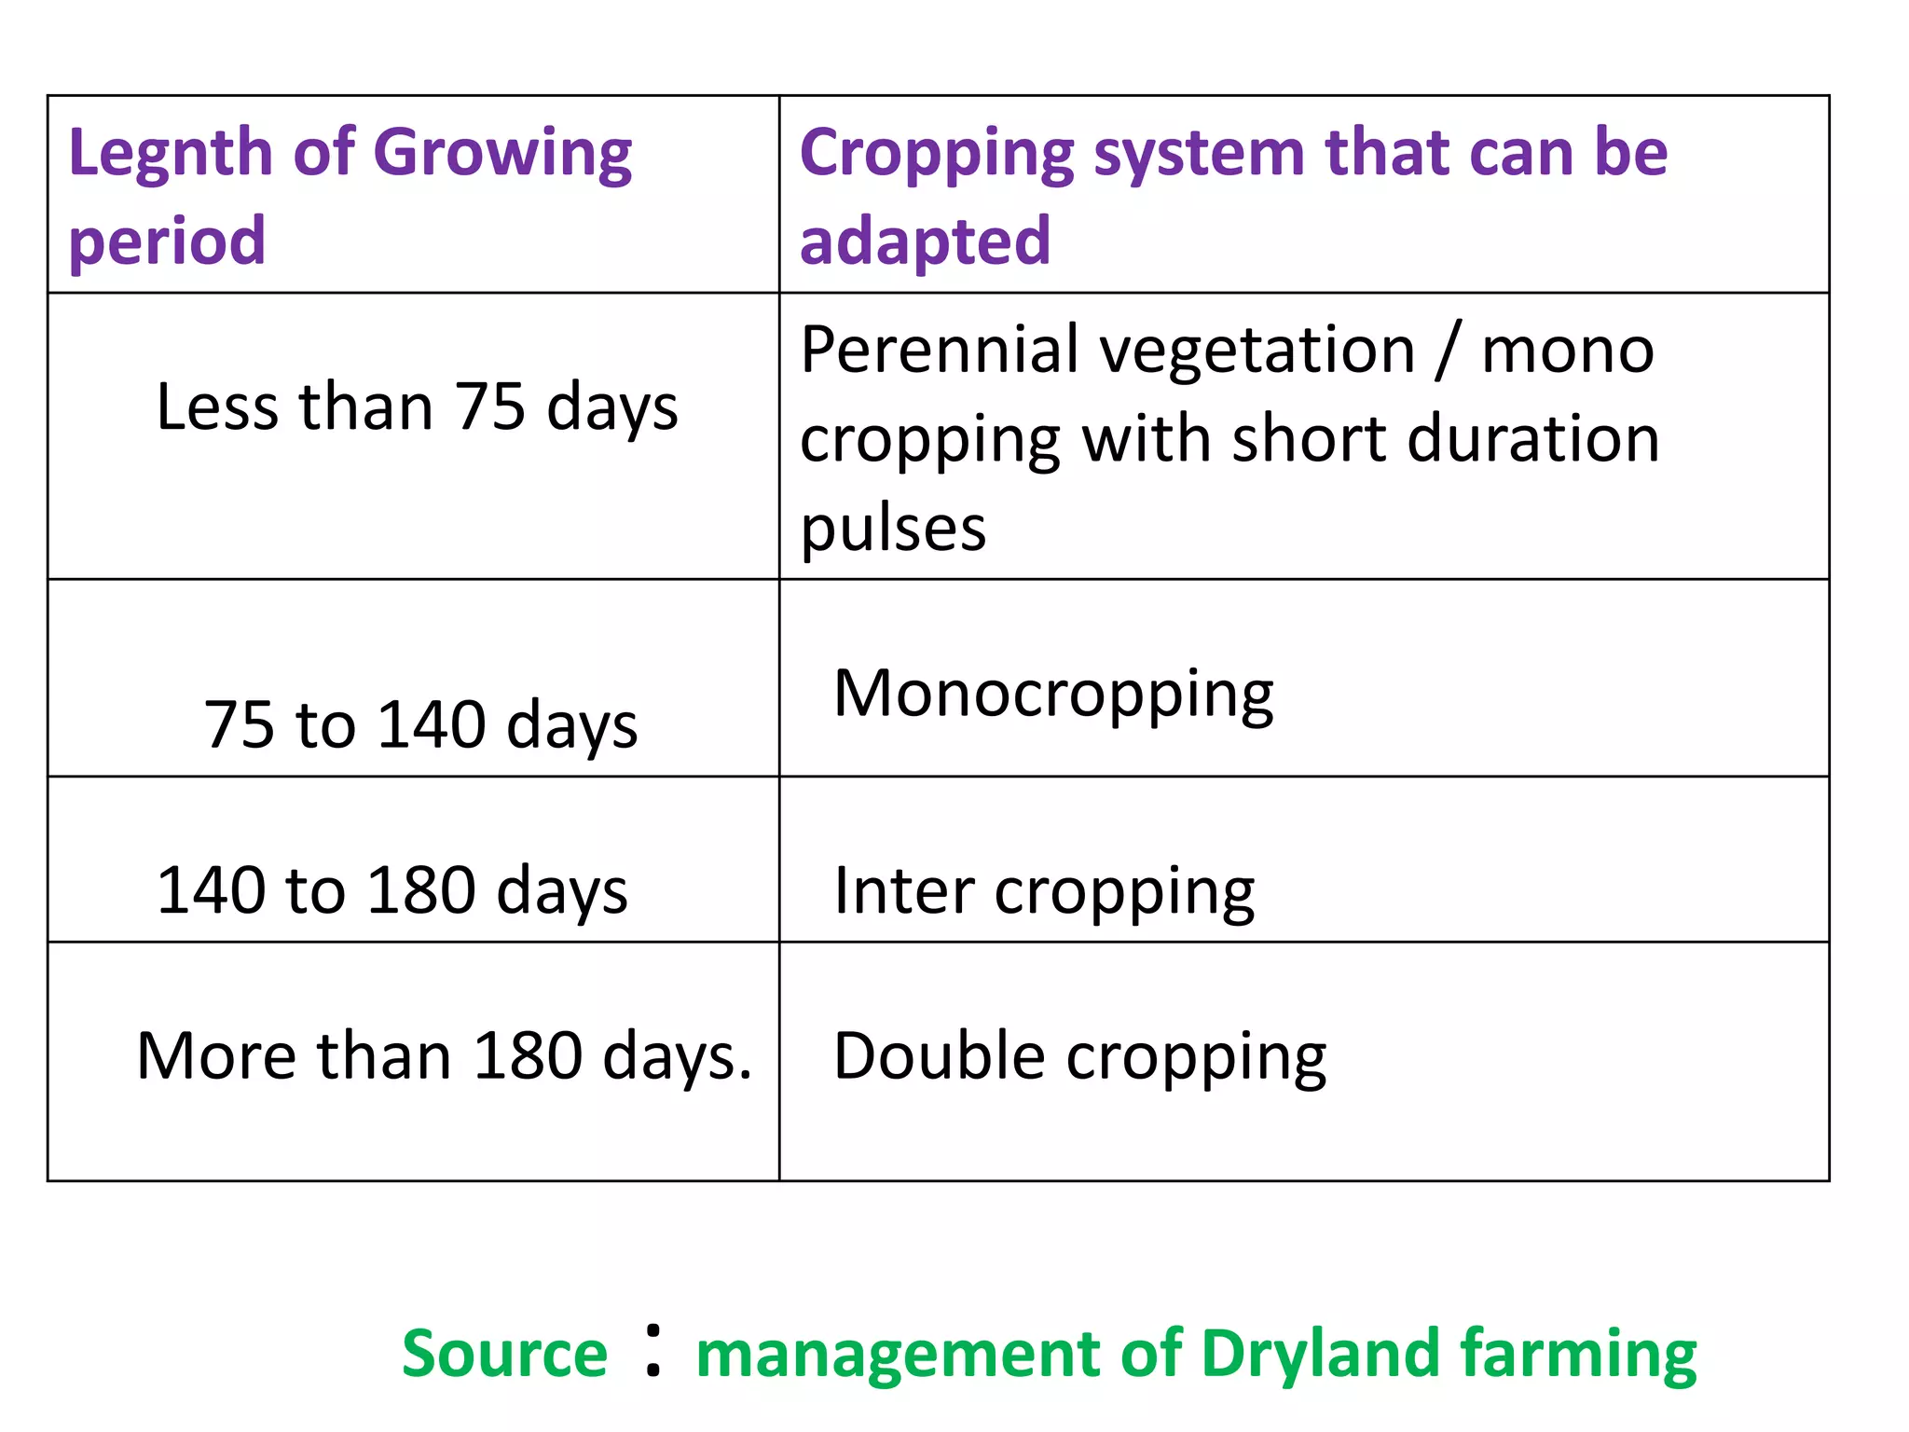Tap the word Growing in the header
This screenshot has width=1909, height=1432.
(x=502, y=154)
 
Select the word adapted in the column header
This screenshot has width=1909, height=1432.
(x=925, y=241)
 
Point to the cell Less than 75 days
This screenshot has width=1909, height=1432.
(x=417, y=407)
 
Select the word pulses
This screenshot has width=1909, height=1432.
(x=892, y=529)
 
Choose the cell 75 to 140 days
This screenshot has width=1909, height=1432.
(x=420, y=725)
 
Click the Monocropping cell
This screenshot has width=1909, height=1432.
(x=1053, y=695)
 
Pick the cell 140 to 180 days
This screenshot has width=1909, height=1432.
(x=391, y=891)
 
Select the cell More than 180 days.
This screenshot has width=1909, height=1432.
(x=444, y=1056)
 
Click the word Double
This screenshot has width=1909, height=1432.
(x=939, y=1056)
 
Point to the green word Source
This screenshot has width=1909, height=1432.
(x=504, y=1354)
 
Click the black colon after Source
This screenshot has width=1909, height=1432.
(x=653, y=1352)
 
